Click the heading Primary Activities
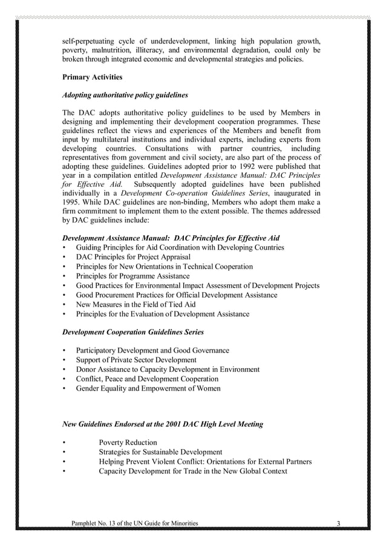point(93,77)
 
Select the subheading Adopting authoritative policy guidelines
point(125,95)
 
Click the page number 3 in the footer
point(339,523)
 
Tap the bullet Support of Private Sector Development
point(136,360)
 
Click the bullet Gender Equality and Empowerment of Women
point(148,388)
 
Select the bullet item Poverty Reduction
point(128,443)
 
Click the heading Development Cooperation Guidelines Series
point(133,332)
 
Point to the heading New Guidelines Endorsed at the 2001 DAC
point(163,424)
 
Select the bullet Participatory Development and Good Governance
point(152,351)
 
